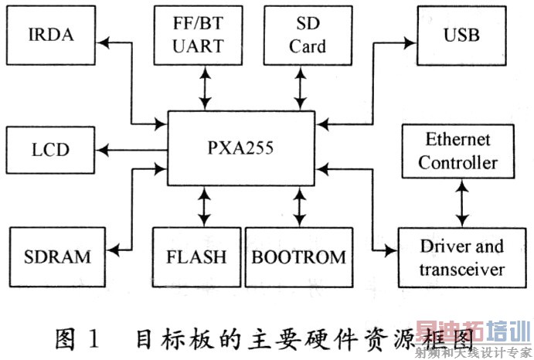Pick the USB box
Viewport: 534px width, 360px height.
[x=461, y=34]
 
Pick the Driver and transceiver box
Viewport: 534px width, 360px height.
[x=461, y=257]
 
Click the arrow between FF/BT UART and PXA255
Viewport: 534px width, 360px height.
[x=205, y=87]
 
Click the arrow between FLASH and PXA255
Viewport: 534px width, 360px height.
[x=205, y=205]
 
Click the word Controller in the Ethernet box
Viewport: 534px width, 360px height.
[x=458, y=163]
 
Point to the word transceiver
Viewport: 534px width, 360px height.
[x=461, y=269]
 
